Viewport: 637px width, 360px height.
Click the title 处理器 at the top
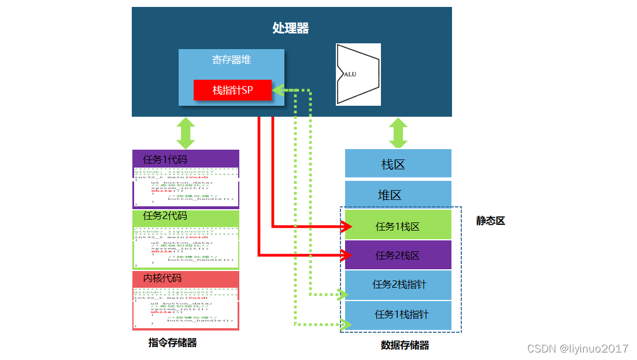291,28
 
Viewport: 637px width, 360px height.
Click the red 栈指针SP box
232,90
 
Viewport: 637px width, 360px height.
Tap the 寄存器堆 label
231,60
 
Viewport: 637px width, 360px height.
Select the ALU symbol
358,75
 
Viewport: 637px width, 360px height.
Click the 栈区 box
398,164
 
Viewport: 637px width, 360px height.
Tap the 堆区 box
398,195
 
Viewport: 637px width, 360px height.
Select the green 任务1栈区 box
398,226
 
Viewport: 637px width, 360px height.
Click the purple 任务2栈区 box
398,255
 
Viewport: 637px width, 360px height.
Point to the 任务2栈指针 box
399,284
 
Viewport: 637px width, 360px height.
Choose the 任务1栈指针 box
399,314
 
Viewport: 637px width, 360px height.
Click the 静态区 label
490,221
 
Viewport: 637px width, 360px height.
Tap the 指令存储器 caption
173,343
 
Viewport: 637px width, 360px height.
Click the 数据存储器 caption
405,346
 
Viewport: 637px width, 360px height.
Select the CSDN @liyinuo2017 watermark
577,348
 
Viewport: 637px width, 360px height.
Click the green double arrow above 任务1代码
186,133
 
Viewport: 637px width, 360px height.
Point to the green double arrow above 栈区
398,133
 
